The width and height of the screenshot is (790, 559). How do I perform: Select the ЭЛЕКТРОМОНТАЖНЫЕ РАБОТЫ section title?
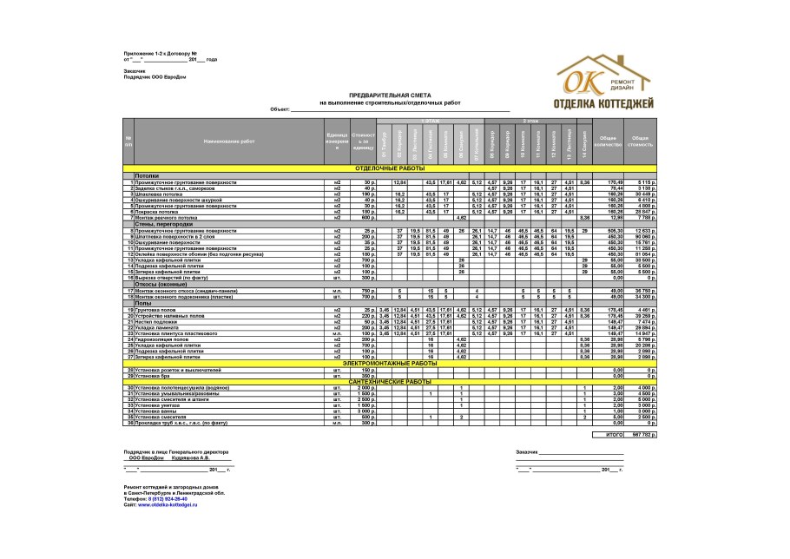pyautogui.click(x=390, y=363)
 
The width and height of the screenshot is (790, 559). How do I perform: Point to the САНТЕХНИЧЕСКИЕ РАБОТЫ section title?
pyautogui.click(x=390, y=381)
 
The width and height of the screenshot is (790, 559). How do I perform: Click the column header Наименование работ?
pyautogui.click(x=229, y=140)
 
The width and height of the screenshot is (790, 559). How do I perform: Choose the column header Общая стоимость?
pyautogui.click(x=641, y=140)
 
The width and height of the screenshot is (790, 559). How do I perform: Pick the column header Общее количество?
pyautogui.click(x=609, y=140)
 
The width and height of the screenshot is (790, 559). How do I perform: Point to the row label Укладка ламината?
pyautogui.click(x=155, y=327)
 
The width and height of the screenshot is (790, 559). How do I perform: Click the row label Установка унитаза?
pyautogui.click(x=157, y=405)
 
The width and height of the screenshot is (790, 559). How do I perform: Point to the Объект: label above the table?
pyautogui.click(x=280, y=109)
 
